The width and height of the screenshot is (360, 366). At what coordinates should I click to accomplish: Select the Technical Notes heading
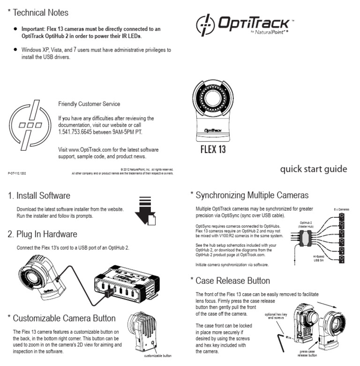click(38, 13)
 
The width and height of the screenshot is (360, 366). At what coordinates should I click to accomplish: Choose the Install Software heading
click(39, 196)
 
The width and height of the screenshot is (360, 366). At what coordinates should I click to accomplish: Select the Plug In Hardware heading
click(42, 234)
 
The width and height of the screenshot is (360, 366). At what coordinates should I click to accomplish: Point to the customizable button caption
click(157, 356)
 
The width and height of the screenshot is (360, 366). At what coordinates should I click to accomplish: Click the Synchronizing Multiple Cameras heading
click(249, 195)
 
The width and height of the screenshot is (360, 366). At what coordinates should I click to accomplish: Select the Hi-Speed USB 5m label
click(321, 259)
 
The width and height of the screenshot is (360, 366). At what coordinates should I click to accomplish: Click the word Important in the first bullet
click(34, 29)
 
